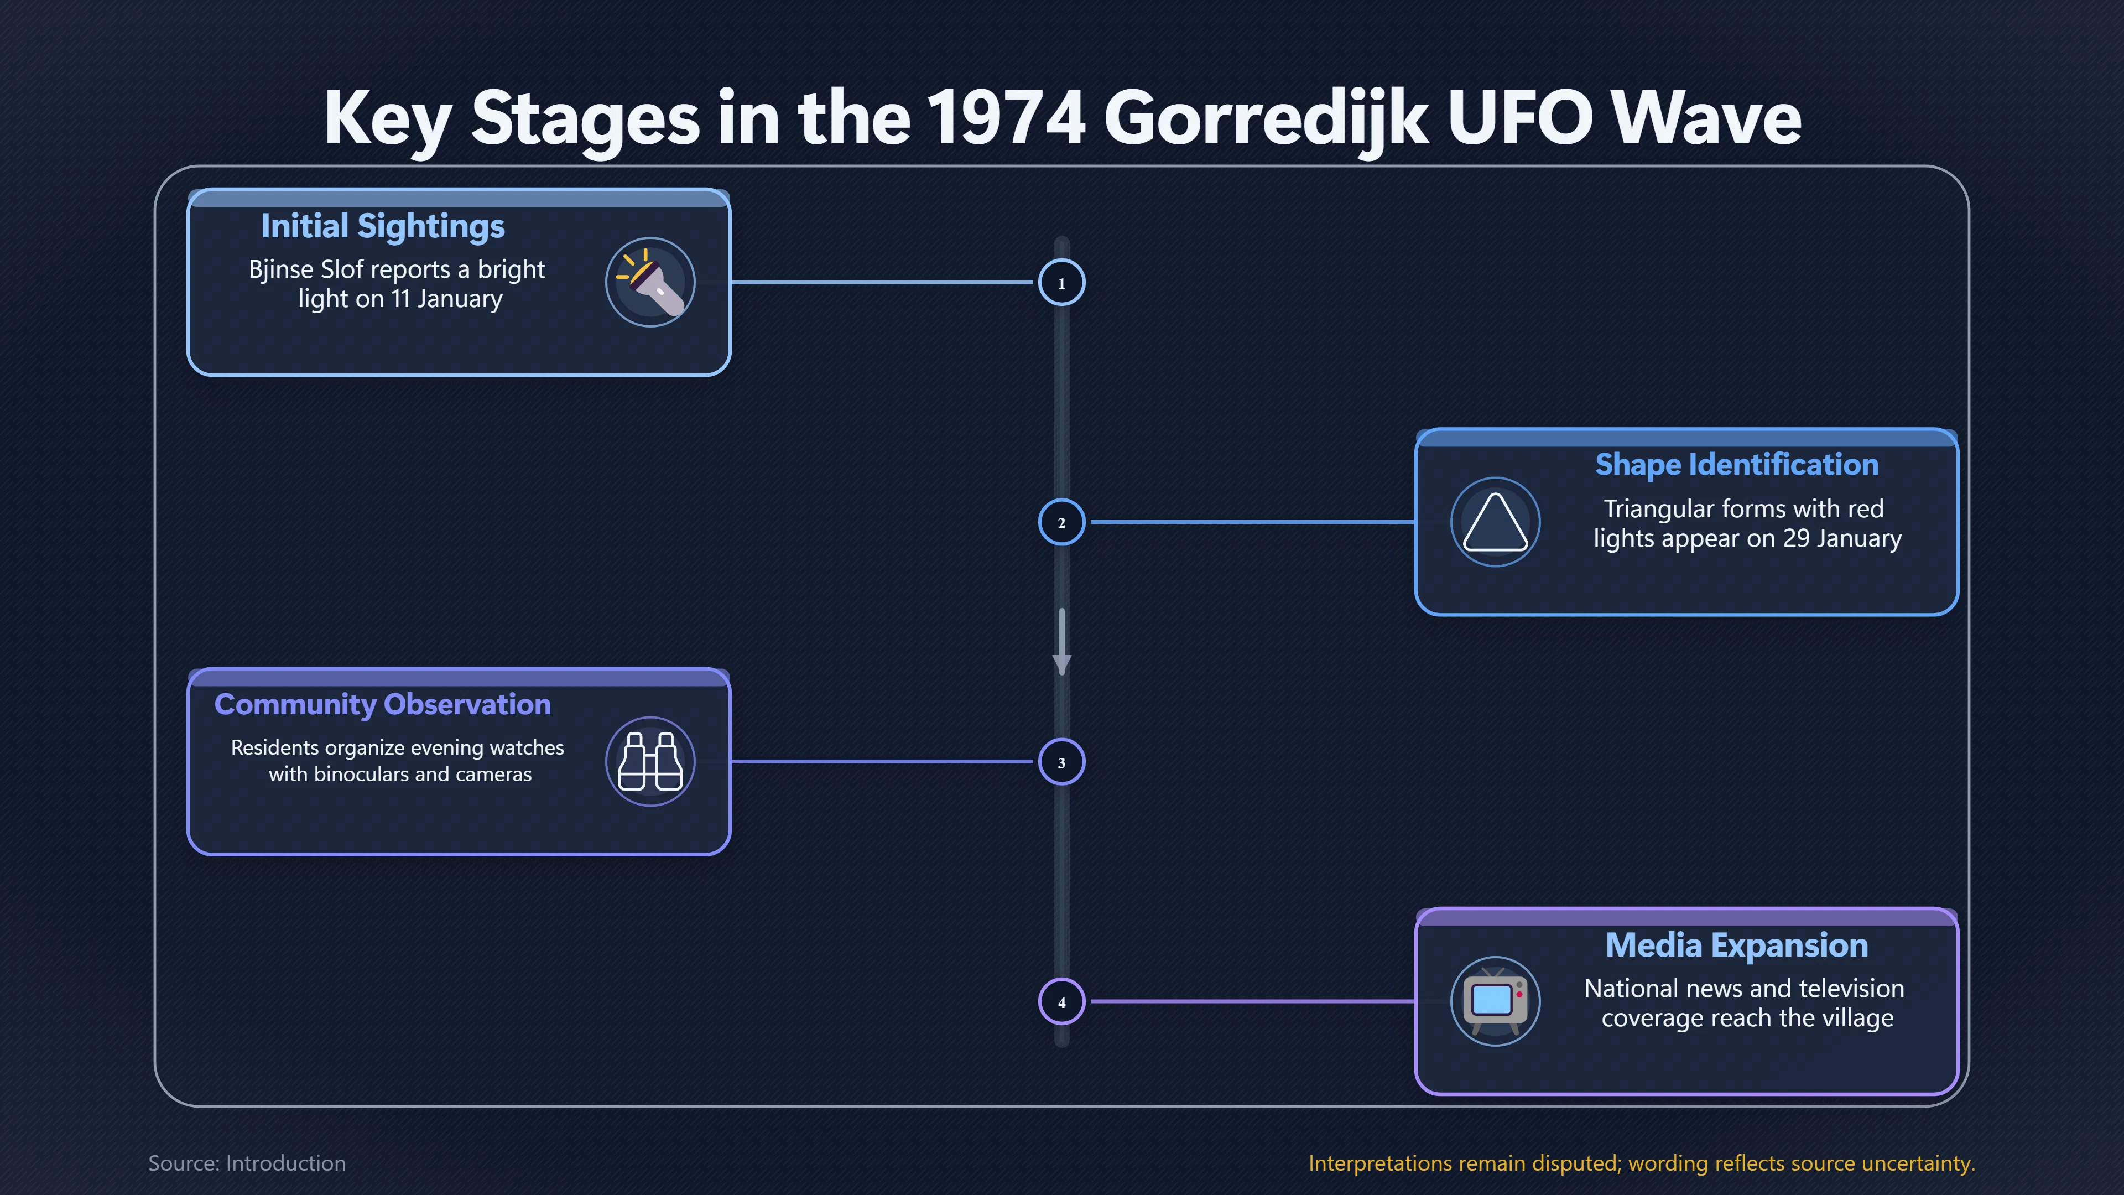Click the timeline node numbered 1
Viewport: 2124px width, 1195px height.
(1061, 283)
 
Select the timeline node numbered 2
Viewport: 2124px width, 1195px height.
(1061, 522)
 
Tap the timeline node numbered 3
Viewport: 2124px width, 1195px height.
(1061, 762)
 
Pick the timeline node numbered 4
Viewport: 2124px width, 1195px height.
(1061, 1002)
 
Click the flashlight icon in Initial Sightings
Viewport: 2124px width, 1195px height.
(650, 282)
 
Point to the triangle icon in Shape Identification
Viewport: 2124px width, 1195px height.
(1495, 522)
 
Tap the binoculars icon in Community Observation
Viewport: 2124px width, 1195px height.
(650, 761)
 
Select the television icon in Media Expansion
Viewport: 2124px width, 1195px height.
(1495, 1001)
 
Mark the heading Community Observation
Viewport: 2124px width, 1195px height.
(383, 704)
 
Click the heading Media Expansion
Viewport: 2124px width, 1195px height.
(1736, 945)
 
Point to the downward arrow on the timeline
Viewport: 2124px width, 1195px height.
(1061, 642)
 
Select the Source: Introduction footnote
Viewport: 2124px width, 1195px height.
(247, 1163)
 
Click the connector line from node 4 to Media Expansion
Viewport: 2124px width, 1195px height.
(1252, 1001)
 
